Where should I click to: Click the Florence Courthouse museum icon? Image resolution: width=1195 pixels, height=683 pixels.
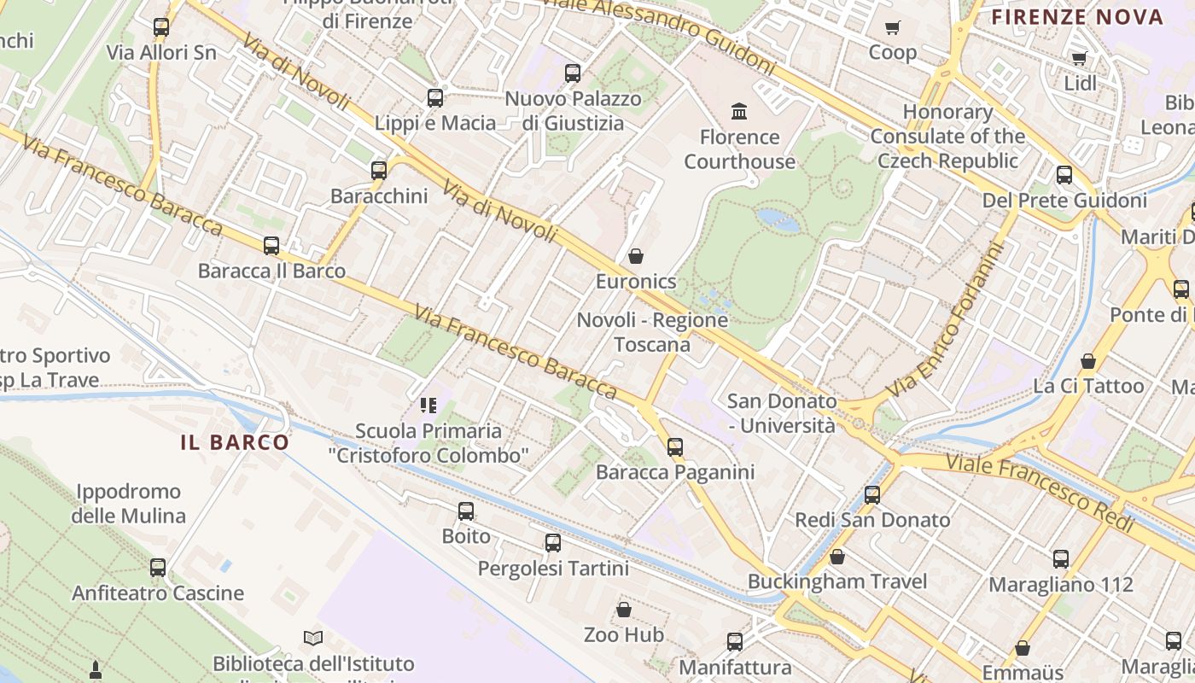739,111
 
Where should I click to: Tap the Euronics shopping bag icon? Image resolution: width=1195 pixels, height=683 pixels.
636,256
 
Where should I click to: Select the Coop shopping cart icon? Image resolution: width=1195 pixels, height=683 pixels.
893,27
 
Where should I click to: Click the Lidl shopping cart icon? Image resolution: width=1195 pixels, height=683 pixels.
1080,58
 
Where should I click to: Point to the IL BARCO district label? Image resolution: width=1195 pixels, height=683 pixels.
235,442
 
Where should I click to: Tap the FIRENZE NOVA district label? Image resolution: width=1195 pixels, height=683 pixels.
1077,17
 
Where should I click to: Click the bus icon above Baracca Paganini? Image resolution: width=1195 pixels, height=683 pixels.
675,447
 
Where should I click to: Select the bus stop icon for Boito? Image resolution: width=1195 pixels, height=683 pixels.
466,511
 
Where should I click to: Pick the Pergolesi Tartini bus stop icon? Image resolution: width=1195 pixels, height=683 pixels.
553,543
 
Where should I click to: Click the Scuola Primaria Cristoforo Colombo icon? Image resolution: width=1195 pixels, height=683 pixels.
428,406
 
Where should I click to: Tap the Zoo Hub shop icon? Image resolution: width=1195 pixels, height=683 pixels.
624,610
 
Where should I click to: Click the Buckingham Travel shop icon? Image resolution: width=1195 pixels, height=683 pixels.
837,557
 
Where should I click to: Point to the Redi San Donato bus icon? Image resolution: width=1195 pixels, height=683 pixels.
872,495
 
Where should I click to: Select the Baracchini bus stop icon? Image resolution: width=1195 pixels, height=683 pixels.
379,171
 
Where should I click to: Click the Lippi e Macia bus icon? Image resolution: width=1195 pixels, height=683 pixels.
435,97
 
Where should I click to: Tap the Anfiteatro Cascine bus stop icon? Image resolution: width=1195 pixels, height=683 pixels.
158,568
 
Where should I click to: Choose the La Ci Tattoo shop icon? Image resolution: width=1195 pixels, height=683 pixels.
1088,361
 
